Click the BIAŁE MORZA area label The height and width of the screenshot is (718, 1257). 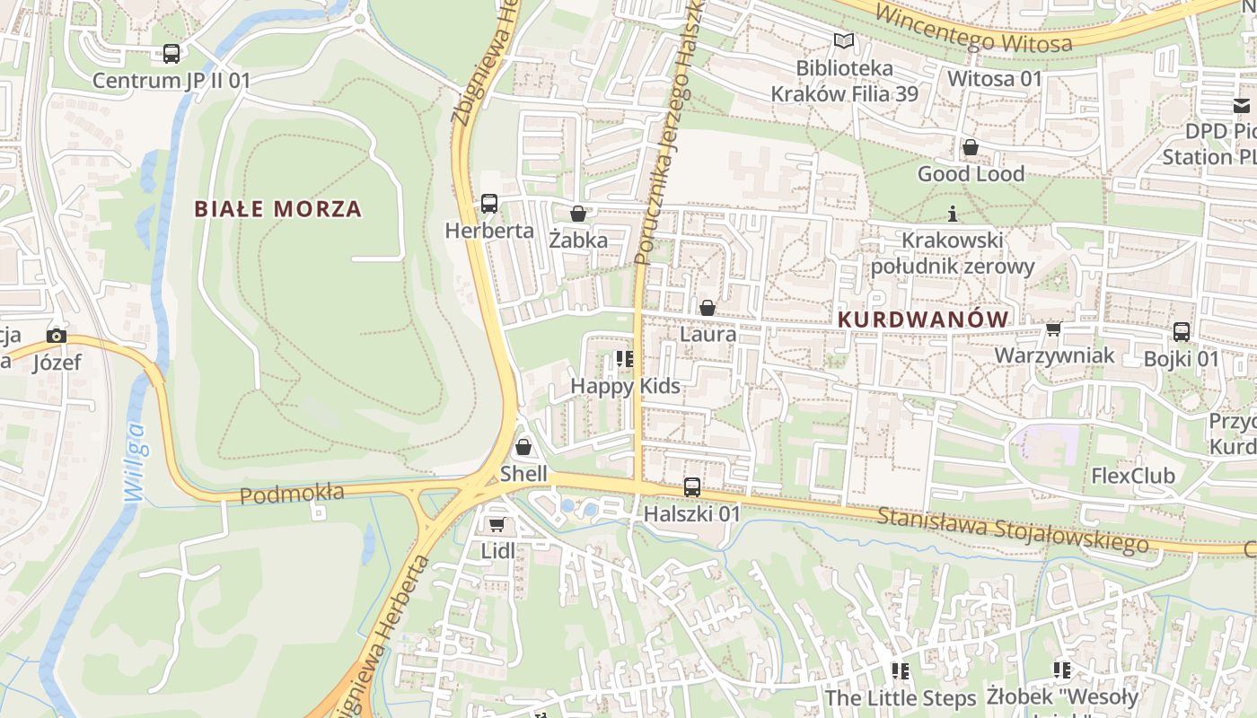pos(278,209)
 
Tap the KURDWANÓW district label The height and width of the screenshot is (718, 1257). pos(922,320)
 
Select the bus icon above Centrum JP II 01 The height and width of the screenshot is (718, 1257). pos(171,54)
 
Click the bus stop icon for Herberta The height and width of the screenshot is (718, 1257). pos(489,204)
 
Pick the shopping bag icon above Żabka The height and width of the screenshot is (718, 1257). pos(578,214)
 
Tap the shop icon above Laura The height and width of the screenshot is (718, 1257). pos(708,308)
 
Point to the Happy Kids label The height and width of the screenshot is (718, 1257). pos(626,387)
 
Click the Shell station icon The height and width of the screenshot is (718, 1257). pos(523,446)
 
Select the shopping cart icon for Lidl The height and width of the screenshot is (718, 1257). pos(497,524)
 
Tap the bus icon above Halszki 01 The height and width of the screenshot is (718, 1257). pos(692,487)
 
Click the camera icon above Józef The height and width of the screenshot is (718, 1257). pos(57,336)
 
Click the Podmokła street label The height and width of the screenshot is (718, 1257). pos(292,494)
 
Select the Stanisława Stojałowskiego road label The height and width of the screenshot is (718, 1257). pos(1013,530)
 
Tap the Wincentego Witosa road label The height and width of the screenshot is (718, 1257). pos(973,29)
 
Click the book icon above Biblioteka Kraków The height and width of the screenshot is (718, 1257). pos(843,40)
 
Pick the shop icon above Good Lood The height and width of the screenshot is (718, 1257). pos(971,147)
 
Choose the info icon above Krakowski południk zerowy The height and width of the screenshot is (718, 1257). pos(953,214)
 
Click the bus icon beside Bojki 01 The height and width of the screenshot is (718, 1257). pos(1182,332)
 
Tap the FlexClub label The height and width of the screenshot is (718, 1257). pos(1133,476)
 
